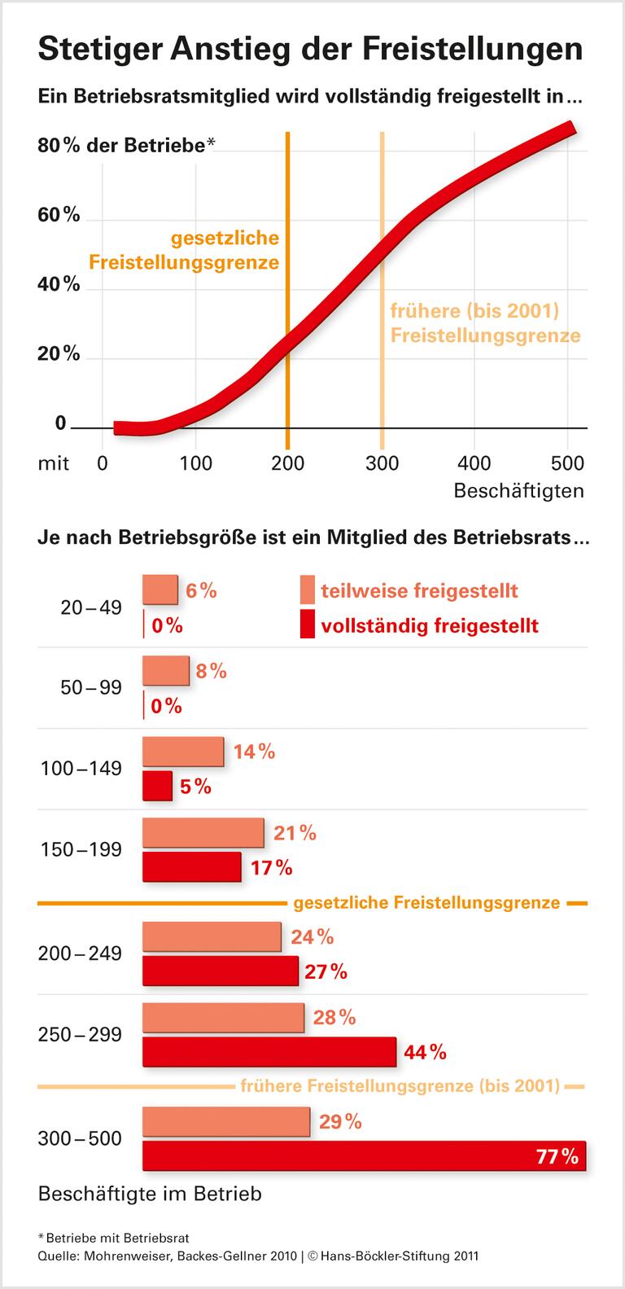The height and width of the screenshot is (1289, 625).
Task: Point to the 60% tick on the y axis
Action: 59,215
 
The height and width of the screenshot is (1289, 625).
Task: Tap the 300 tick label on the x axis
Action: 381,463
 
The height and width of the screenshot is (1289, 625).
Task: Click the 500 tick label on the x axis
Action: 566,463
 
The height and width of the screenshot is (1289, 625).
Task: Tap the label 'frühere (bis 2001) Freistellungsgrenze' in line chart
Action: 485,323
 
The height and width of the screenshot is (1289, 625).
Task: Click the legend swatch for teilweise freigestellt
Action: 307,590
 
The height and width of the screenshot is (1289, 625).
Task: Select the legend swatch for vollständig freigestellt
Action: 307,625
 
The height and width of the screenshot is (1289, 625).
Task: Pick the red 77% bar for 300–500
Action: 364,1156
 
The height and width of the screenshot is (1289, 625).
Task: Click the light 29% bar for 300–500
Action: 226,1121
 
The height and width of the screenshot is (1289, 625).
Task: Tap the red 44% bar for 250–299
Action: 269,1052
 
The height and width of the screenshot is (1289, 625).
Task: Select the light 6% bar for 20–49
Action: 160,590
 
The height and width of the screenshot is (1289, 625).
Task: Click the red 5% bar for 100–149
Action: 157,786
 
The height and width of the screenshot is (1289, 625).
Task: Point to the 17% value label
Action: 272,867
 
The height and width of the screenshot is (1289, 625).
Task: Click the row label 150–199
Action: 81,849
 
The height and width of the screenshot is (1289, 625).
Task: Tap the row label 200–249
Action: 80,953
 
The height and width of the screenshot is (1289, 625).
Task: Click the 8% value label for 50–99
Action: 211,671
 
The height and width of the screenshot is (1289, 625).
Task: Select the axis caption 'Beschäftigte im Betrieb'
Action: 150,1194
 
